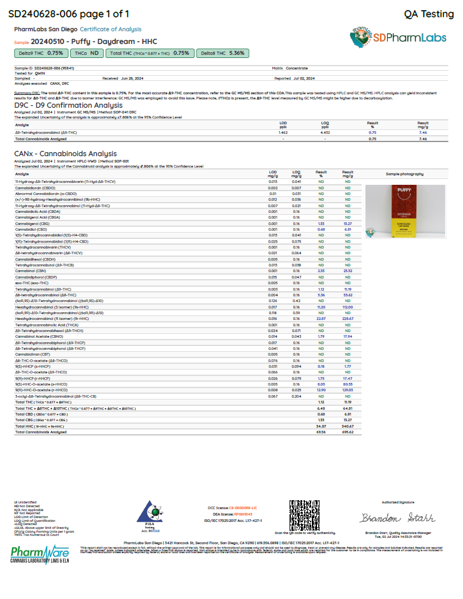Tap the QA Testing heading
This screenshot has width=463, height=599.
[x=429, y=13]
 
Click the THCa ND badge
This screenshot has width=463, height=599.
[x=85, y=54]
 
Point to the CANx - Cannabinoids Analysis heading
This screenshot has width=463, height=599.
[x=65, y=154]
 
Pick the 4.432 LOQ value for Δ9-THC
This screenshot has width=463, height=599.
[x=325, y=132]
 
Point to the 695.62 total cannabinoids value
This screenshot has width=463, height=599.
[x=348, y=432]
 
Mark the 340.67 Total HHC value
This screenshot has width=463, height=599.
[x=348, y=426]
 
